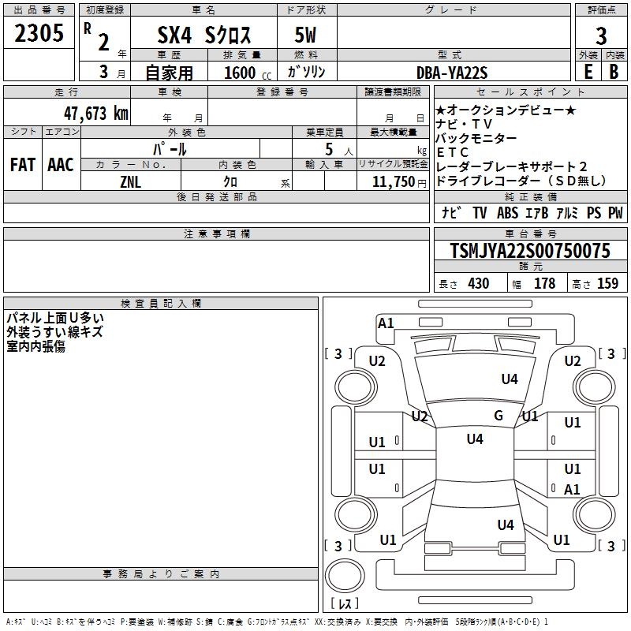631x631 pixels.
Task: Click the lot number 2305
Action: [x=39, y=33]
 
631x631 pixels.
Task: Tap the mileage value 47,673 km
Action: [x=96, y=114]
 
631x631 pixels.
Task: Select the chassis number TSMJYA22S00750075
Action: [x=530, y=251]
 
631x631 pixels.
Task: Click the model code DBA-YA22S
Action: [x=452, y=73]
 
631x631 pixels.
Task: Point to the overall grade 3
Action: [x=601, y=36]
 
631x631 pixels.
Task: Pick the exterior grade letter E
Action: [x=588, y=72]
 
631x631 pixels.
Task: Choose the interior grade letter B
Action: [x=614, y=72]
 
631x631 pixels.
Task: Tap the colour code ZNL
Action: [x=130, y=182]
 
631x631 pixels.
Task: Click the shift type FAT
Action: [x=23, y=165]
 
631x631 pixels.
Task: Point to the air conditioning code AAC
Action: [x=61, y=165]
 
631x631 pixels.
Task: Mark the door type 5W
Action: [x=305, y=35]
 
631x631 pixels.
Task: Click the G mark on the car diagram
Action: [x=498, y=415]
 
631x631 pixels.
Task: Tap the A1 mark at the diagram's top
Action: [x=386, y=323]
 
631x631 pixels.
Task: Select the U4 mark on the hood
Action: [x=510, y=379]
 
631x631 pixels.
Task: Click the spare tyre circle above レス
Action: [x=345, y=576]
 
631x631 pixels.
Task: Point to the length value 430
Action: [x=479, y=283]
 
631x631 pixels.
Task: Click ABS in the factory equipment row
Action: [x=507, y=213]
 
